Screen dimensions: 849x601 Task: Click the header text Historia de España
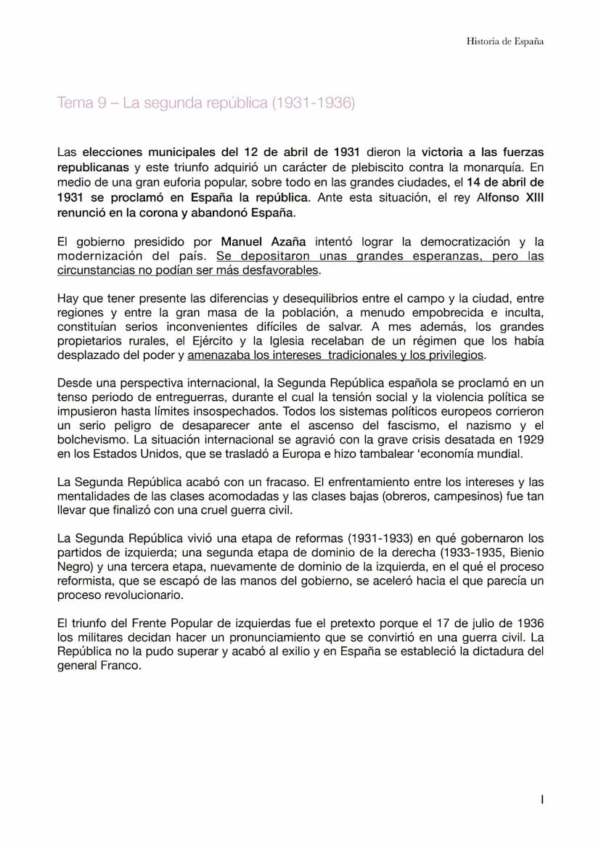[504, 41]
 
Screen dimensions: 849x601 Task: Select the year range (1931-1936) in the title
[314, 103]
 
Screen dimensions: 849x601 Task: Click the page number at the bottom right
[542, 800]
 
